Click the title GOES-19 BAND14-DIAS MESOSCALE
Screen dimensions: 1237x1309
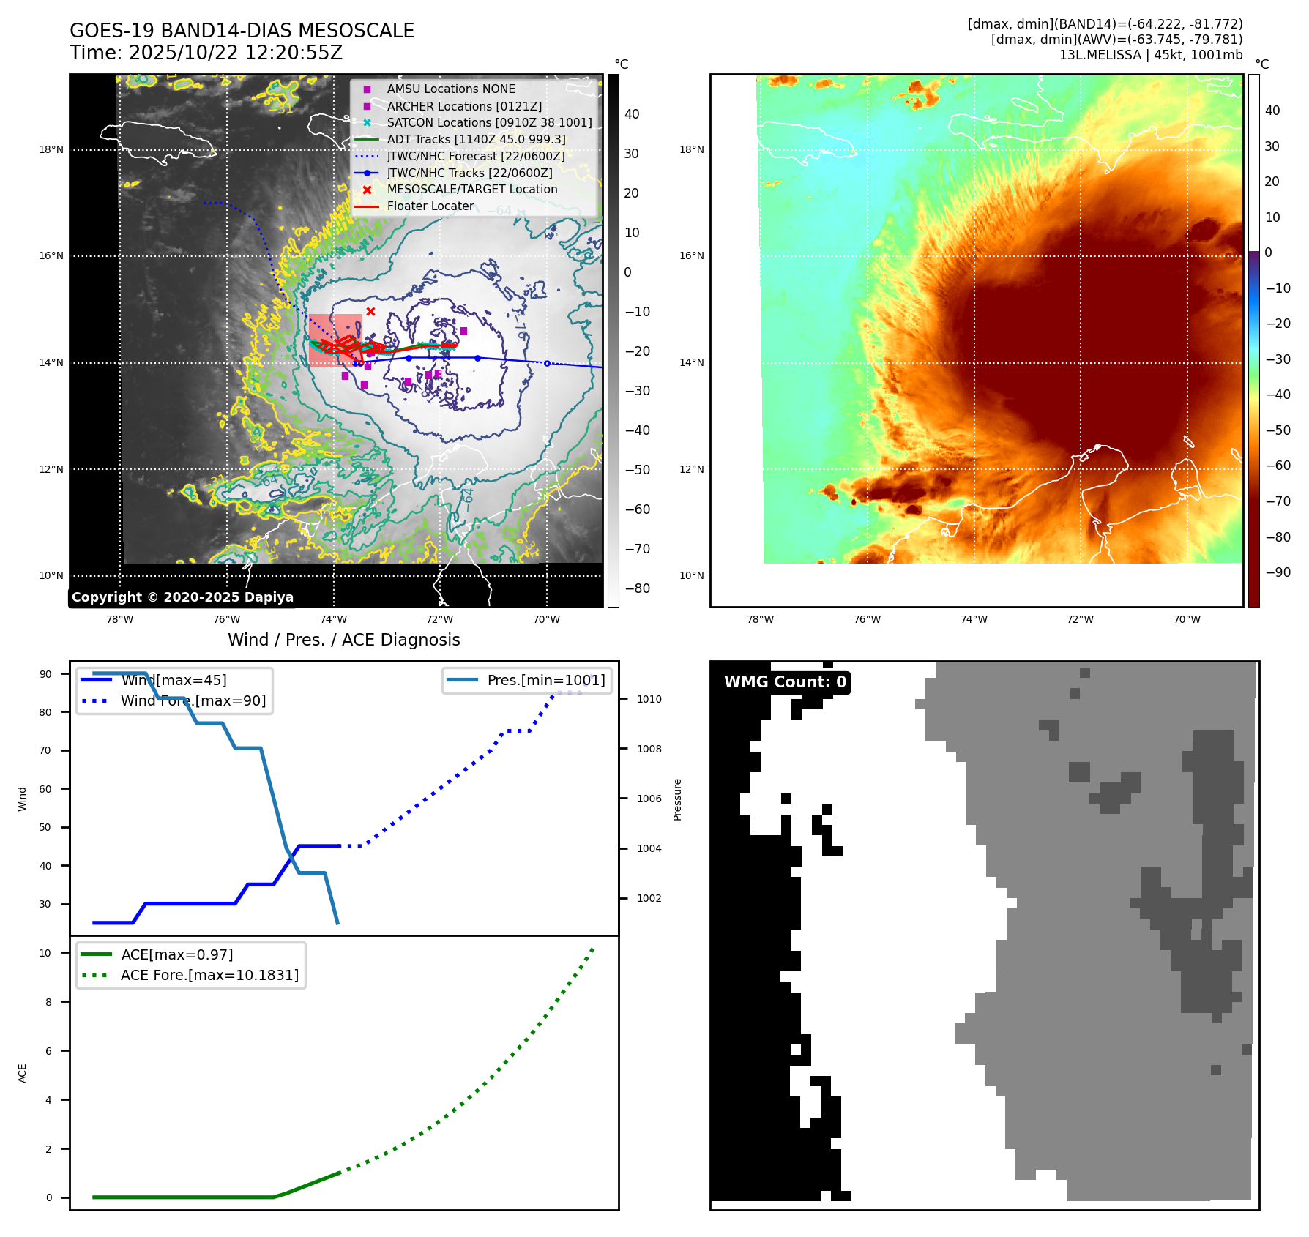(242, 31)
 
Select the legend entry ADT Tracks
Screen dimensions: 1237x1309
(476, 139)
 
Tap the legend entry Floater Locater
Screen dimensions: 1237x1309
(430, 206)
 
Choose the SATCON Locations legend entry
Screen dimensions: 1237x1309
(489, 122)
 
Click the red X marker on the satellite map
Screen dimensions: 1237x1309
(370, 312)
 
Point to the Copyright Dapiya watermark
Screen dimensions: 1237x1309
(182, 597)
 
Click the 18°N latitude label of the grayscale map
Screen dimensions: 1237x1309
(51, 150)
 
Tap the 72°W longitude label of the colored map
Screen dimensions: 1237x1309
(1080, 619)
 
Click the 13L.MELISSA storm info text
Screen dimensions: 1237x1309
(1150, 55)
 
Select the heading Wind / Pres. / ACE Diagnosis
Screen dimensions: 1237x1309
(344, 640)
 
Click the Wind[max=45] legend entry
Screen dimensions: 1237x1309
(174, 680)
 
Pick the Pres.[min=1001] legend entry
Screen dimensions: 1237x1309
(546, 680)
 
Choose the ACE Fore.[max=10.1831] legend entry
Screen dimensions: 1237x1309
(209, 975)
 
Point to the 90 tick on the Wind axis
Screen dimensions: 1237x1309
(45, 674)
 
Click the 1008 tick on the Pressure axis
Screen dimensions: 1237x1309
(649, 749)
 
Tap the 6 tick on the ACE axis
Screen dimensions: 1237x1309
(48, 1051)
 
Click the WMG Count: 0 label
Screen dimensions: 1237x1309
(785, 682)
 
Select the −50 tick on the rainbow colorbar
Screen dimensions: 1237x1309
(1278, 430)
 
